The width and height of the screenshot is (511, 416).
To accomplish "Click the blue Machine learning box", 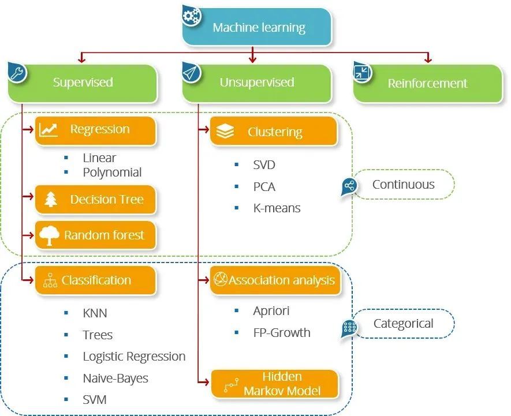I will (258, 27).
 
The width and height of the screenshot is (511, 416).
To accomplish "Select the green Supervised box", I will (83, 83).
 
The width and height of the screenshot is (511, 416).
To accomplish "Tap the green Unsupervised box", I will (257, 83).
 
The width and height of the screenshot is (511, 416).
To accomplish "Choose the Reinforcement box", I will (428, 83).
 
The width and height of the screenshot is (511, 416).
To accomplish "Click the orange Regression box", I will (96, 130).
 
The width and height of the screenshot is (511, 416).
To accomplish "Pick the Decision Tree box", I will (96, 200).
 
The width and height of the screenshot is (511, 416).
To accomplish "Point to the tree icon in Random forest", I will (50, 235).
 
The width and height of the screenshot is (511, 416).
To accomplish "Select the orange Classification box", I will (96, 280).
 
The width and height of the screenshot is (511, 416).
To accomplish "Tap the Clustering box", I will (274, 132).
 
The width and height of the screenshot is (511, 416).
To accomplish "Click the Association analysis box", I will (274, 280).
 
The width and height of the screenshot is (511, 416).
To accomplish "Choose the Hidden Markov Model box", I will (274, 384).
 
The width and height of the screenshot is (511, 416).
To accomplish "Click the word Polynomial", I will (112, 172).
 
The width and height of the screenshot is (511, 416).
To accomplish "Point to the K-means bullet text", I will (277, 208).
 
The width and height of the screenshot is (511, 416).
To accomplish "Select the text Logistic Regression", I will (134, 357).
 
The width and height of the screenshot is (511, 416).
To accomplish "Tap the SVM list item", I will (95, 399).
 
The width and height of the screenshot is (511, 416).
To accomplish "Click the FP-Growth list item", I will (281, 332).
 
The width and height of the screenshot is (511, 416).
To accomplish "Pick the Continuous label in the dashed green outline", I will (403, 185).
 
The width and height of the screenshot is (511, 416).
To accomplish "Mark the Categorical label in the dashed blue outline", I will (403, 324).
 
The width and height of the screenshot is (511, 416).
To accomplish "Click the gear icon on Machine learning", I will (191, 15).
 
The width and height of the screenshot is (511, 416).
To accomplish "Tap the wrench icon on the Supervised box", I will (17, 73).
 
